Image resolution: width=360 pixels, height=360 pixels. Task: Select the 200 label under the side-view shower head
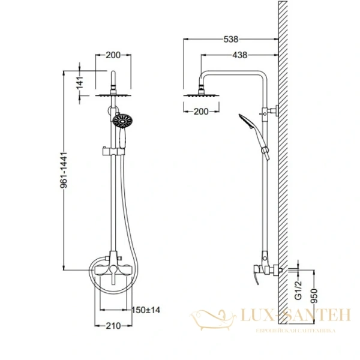[x=201, y=112]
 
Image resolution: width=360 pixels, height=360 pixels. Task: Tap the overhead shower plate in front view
[x=113, y=94]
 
